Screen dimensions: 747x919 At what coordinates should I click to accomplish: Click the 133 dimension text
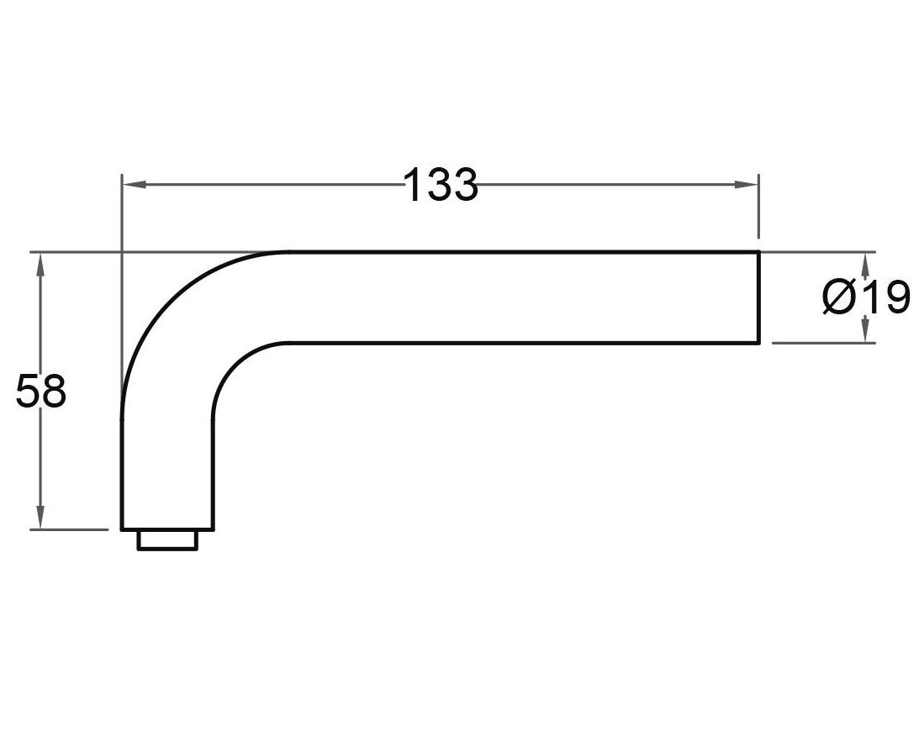click(441, 185)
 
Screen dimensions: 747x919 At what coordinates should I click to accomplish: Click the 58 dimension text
click(40, 392)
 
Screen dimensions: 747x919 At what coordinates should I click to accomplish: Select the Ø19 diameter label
click(866, 297)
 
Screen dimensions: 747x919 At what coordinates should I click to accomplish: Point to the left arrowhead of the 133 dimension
click(131, 184)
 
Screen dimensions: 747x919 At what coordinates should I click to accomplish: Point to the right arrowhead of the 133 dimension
click(749, 184)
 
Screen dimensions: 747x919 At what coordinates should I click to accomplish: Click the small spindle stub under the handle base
click(168, 539)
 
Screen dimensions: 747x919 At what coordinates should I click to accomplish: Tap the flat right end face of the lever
click(759, 297)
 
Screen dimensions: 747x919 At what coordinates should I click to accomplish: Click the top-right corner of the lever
click(759, 252)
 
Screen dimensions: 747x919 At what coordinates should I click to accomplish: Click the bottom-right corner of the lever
click(759, 343)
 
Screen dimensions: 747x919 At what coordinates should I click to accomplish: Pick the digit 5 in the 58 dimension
click(28, 392)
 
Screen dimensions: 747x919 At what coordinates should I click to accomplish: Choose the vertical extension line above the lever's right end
click(758, 206)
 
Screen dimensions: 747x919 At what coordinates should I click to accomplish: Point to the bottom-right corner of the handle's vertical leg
click(214, 529)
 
